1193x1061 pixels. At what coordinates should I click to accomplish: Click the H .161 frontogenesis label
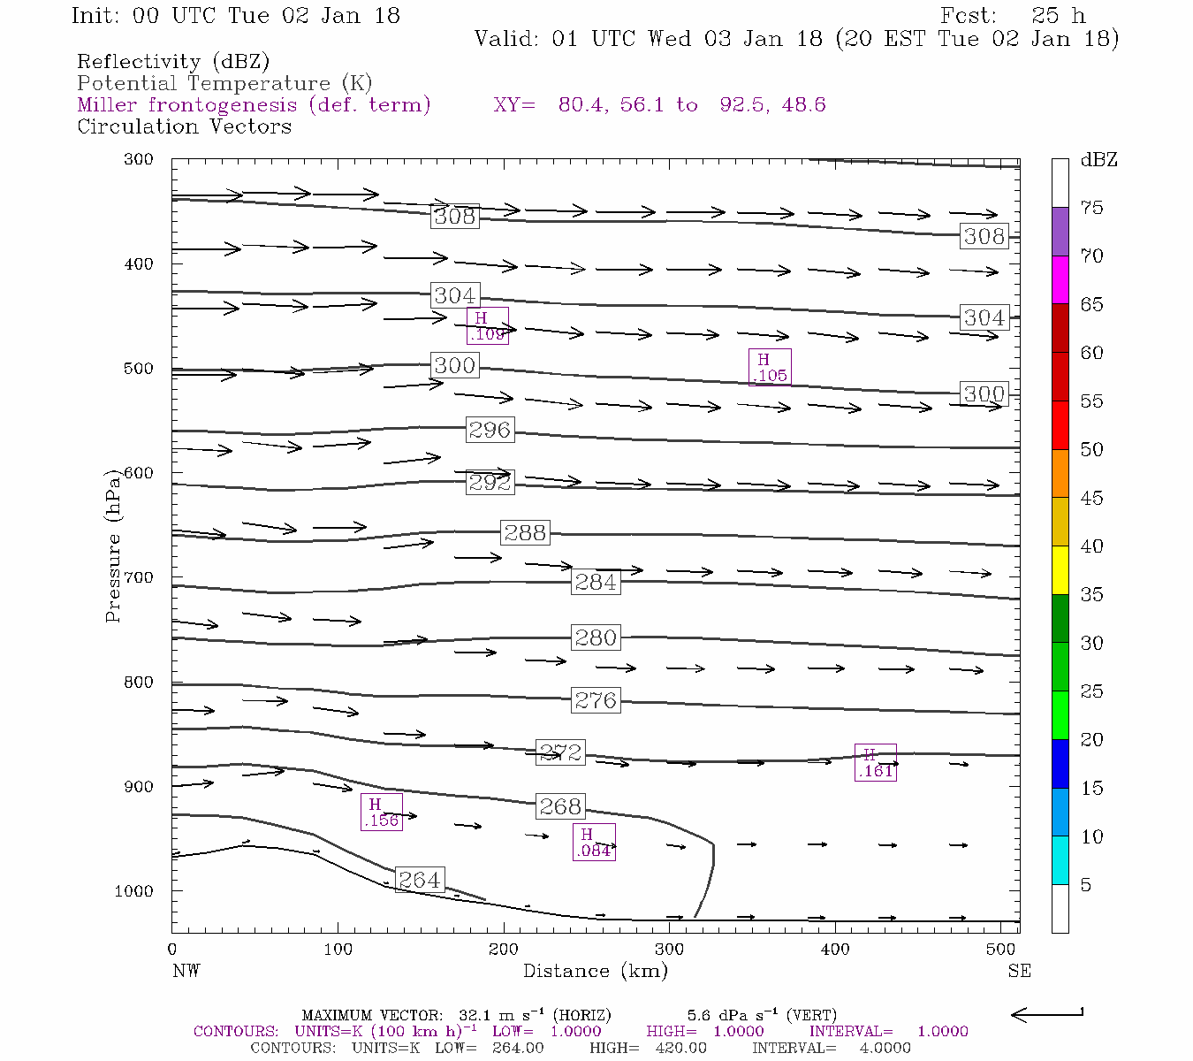coord(876,762)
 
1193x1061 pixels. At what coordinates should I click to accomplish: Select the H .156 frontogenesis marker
coord(382,812)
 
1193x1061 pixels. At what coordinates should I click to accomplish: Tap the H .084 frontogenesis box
coord(593,842)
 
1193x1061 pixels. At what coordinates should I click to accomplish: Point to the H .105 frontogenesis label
coord(770,367)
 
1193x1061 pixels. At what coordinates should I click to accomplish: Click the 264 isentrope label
coord(419,880)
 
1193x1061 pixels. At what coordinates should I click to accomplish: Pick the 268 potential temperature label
coord(560,806)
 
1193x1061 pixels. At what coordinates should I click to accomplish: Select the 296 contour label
coord(490,430)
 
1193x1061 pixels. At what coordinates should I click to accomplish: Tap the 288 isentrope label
coord(525,532)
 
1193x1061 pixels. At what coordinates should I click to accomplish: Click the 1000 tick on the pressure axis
coord(134,891)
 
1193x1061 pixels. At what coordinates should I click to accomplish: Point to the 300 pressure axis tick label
coord(139,159)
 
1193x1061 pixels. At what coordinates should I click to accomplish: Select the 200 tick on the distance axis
coord(504,950)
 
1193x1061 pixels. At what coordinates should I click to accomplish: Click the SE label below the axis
coord(1019,971)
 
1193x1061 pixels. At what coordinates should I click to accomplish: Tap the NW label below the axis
coord(186,971)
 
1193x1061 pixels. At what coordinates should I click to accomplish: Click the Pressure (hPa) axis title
coord(113,546)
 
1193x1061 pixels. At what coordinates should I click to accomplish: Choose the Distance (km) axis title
coord(595,971)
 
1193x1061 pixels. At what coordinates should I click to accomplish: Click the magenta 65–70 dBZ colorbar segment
coord(1060,279)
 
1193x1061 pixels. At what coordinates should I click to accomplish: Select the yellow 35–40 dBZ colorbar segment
coord(1060,570)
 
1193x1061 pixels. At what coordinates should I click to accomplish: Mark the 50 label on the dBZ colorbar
coord(1091,449)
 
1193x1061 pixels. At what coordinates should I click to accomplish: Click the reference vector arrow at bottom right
coord(1047,1014)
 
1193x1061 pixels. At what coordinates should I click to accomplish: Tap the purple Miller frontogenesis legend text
coord(254,105)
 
